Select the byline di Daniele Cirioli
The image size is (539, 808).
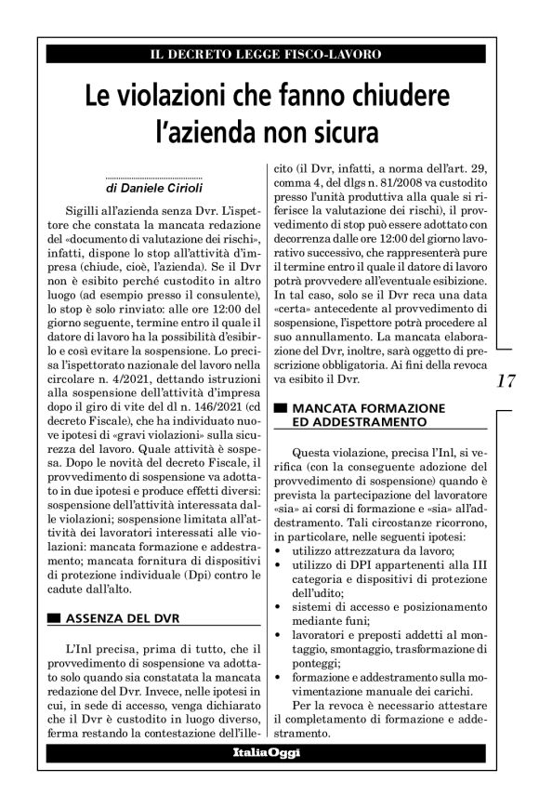pos(153,187)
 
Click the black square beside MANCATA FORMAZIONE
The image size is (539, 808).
pos(281,408)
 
